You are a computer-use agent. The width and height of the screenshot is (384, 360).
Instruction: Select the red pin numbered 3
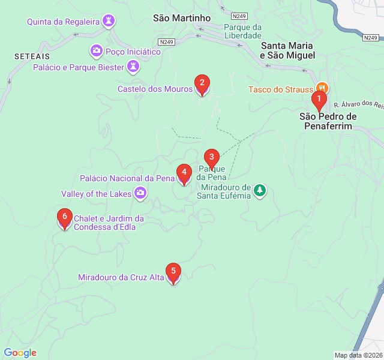click(x=211, y=158)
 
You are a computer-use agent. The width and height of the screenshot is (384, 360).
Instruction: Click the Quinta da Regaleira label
click(x=64, y=22)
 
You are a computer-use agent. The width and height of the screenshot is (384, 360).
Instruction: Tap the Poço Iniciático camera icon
click(x=96, y=51)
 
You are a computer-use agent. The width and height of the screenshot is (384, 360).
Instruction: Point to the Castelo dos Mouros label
click(x=155, y=89)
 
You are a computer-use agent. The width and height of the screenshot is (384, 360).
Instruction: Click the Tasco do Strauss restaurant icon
click(x=322, y=89)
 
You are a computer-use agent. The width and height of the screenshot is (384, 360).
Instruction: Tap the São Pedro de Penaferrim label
click(x=328, y=121)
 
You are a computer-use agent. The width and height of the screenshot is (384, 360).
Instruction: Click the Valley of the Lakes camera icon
click(x=140, y=193)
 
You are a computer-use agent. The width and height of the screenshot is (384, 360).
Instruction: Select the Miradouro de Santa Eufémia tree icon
click(x=259, y=190)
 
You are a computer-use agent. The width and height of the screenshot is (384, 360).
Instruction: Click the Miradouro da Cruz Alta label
click(x=121, y=277)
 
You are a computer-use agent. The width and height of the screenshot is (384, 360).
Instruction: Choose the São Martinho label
click(x=182, y=18)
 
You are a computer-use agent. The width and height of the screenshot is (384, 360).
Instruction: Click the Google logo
click(x=20, y=353)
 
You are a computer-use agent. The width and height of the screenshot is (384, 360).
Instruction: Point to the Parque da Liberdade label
click(x=243, y=31)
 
